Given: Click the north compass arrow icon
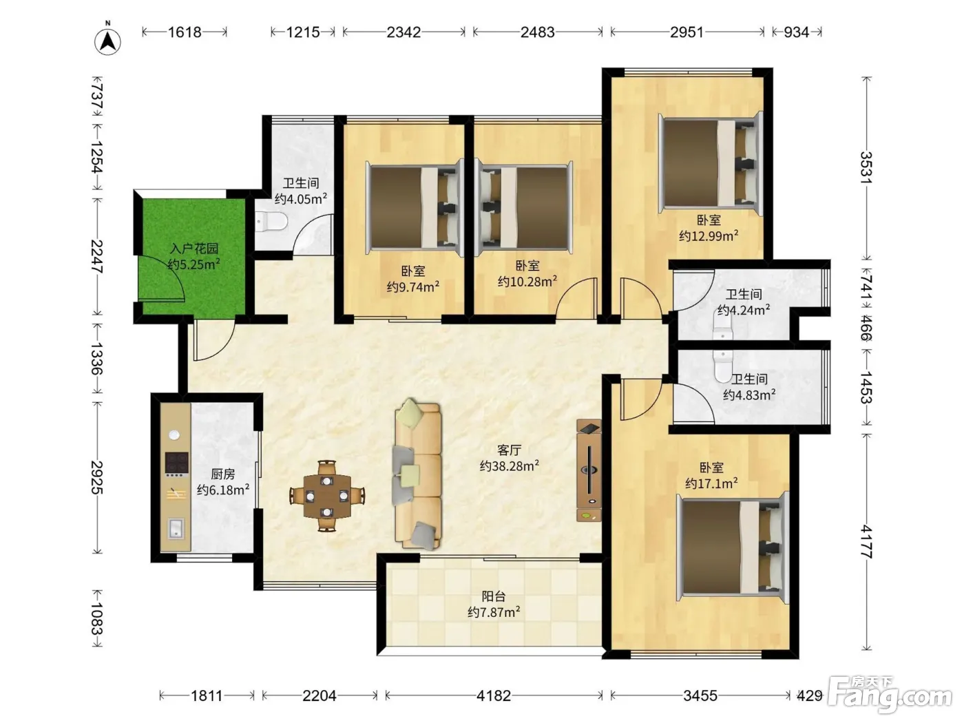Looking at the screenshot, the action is point(107,42).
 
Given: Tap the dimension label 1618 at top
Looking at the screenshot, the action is point(185,32).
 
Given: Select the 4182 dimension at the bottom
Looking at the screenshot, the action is point(494,695).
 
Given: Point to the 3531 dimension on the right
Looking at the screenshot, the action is point(866,167).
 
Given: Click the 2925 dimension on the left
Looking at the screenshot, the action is point(98,477).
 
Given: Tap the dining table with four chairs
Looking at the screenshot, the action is point(327,496).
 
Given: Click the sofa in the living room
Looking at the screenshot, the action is point(418,474).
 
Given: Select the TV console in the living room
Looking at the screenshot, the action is point(589,470).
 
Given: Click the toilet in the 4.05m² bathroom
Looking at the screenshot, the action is point(271,221).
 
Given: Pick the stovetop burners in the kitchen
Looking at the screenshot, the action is point(176,464).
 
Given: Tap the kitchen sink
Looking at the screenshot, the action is point(177,529).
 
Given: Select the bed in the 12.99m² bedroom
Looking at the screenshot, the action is point(710,163).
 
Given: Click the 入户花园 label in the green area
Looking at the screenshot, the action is point(193,249).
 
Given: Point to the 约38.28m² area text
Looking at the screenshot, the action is point(510,465).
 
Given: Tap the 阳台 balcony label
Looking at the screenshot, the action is point(494,596).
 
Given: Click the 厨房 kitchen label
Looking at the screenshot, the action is point(222,474).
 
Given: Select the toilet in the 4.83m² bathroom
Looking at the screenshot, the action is point(723,366).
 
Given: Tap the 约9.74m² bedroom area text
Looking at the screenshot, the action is point(413,287).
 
